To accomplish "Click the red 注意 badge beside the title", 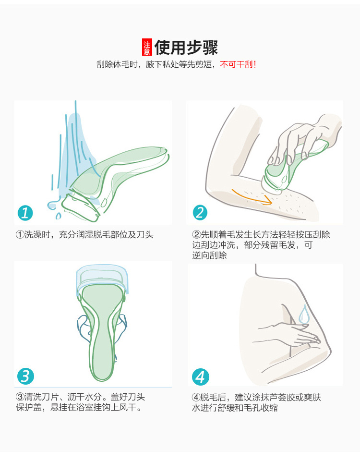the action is (147, 47).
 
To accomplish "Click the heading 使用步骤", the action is (186, 47).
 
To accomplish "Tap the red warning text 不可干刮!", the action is (238, 64).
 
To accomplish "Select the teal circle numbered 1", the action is (25, 213).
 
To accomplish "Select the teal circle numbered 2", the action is (200, 213).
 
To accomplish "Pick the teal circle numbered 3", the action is (25, 376).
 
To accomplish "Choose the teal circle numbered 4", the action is (201, 377).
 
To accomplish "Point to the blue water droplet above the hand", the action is (303, 314).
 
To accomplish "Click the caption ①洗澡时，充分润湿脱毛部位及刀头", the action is (84, 235).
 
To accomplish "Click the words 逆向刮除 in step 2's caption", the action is (210, 255).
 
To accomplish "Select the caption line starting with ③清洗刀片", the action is (80, 397).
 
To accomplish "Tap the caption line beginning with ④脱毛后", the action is (256, 398).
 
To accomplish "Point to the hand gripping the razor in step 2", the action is (303, 141).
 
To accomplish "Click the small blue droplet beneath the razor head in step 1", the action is (58, 217).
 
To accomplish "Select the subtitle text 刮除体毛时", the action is (117, 64).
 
